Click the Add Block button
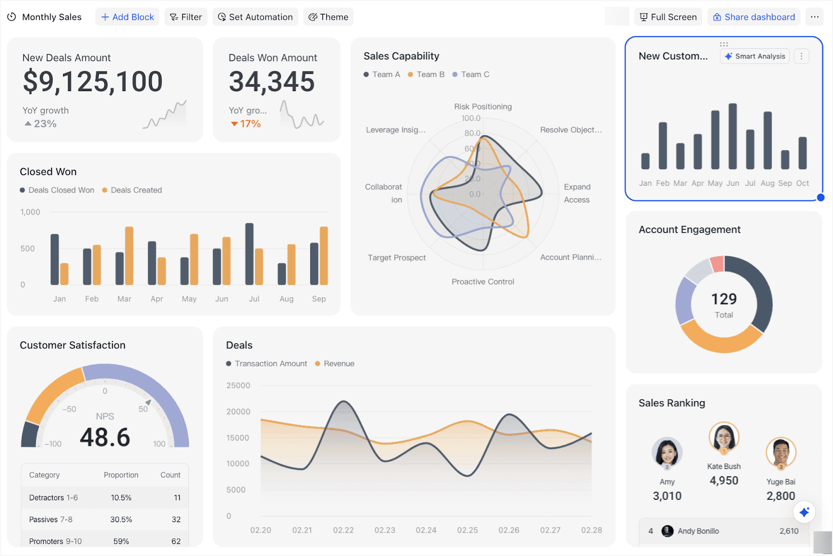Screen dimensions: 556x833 [x=127, y=17]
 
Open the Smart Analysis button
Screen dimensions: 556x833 [x=755, y=56]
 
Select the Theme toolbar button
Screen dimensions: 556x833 [x=328, y=17]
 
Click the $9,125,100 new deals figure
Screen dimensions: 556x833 [x=93, y=82]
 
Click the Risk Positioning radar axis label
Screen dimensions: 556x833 [x=483, y=107]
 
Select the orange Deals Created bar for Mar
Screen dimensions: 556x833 [x=129, y=256]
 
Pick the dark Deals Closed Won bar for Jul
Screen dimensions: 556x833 [x=249, y=254]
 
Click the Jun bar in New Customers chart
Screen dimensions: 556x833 [x=733, y=136]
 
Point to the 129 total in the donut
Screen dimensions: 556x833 [x=724, y=299]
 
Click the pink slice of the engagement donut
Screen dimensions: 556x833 [x=717, y=264]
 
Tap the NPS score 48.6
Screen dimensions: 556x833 [x=105, y=437]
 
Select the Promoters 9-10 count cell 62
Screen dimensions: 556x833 [x=176, y=541]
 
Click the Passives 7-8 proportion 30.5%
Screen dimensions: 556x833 [x=121, y=520]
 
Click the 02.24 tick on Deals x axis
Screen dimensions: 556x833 [x=426, y=530]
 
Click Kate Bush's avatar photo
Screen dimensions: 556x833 [x=724, y=437]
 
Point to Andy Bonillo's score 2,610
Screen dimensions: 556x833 [x=789, y=531]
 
